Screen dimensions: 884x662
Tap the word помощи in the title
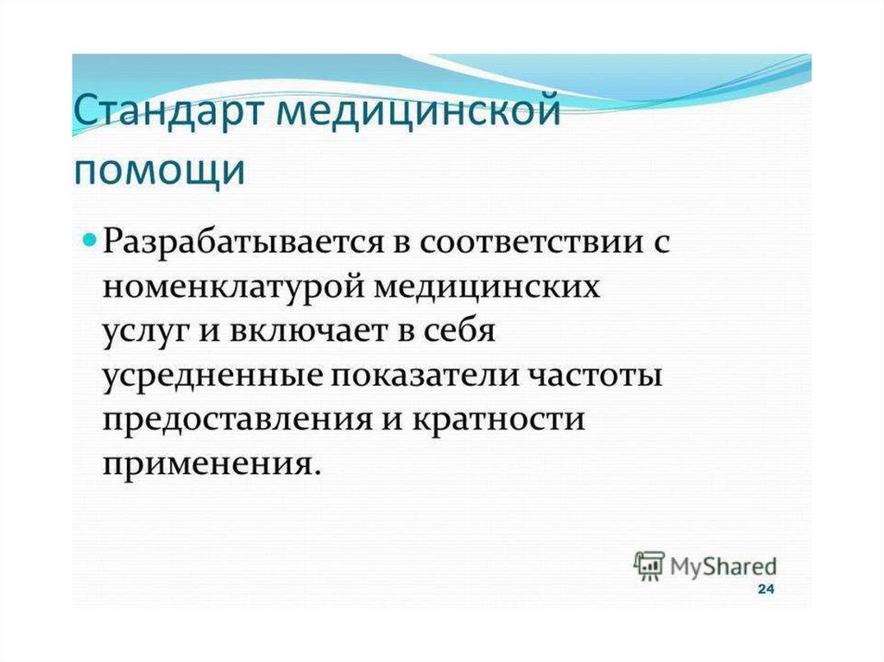[x=160, y=170]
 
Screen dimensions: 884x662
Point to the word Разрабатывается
[x=243, y=243]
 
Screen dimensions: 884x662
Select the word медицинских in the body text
[x=487, y=287]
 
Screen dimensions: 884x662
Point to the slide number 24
[x=766, y=589]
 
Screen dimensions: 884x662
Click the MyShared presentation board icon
[x=649, y=565]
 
